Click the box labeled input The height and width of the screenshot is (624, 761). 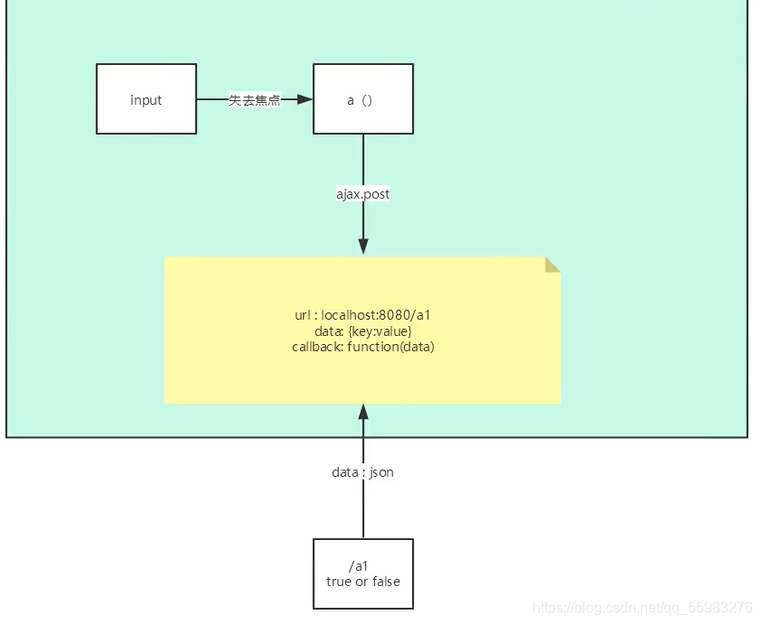coord(146,99)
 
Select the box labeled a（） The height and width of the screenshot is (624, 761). coord(363,99)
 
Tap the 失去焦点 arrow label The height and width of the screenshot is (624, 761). coord(254,100)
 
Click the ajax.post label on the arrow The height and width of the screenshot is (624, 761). coord(362,193)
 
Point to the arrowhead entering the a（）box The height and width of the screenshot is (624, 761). coord(305,99)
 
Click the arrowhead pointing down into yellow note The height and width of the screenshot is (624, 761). coord(363,246)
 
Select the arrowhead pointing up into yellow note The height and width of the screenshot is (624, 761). coord(363,413)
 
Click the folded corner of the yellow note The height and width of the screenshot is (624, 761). coord(552,264)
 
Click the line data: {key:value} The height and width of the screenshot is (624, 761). coord(362,331)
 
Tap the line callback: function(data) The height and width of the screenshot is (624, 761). coord(362,346)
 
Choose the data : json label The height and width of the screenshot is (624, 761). coord(362,471)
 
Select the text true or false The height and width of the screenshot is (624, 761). coord(362,581)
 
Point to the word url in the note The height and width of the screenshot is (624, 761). coord(303,315)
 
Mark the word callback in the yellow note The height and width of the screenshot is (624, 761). coord(315,346)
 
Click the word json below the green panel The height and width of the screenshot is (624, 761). coord(381,472)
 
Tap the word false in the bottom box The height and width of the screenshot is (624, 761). coord(386,581)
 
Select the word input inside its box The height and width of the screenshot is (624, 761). coord(146,99)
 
